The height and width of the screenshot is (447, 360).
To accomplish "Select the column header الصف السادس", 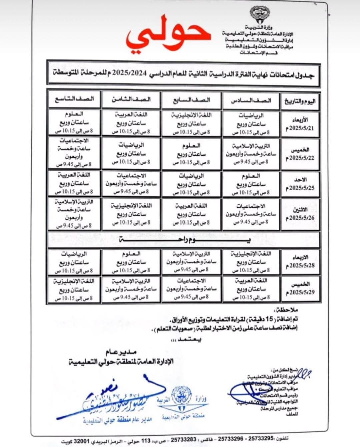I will [x=251, y=100].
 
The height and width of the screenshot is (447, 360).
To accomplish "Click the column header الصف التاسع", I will [x=74, y=99].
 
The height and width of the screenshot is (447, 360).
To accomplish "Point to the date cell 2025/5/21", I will [x=300, y=124].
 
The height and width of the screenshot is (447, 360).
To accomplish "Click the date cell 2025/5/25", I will [x=300, y=184].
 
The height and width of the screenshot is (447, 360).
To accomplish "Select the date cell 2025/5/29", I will [x=300, y=289].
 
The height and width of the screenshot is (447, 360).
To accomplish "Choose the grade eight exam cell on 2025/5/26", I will [x=131, y=214].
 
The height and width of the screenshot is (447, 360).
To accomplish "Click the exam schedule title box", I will [x=184, y=73].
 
